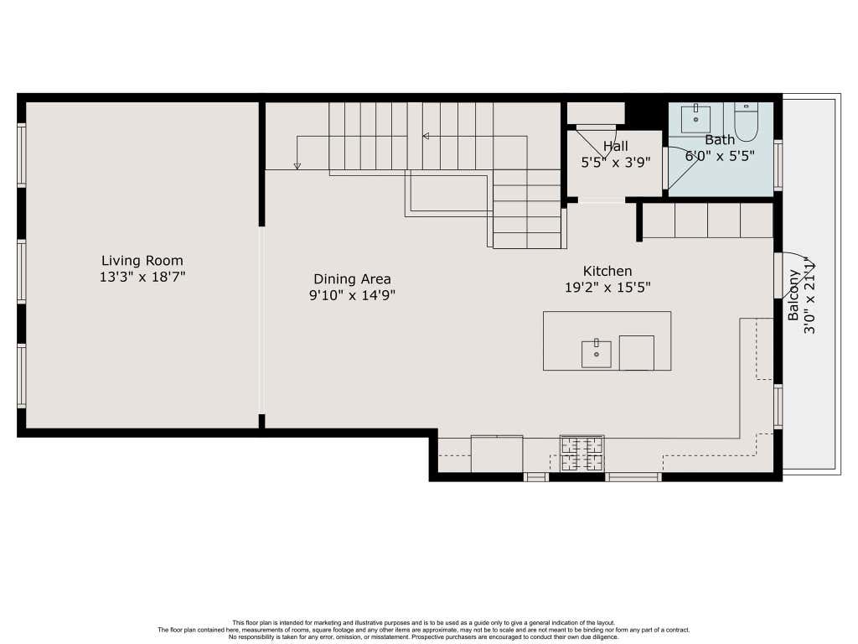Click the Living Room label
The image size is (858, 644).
pyautogui.click(x=142, y=261)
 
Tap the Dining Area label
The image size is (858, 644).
pyautogui.click(x=352, y=279)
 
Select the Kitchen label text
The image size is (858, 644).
pyautogui.click(x=607, y=271)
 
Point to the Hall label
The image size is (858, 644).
pyautogui.click(x=616, y=146)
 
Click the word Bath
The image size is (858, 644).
pyautogui.click(x=720, y=140)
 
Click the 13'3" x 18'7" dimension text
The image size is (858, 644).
pyautogui.click(x=142, y=277)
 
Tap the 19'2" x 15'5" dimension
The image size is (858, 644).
pyautogui.click(x=607, y=287)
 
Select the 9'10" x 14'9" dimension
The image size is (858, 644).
pyautogui.click(x=352, y=295)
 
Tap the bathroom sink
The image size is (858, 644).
pyautogui.click(x=695, y=119)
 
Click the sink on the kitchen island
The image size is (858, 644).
pyautogui.click(x=596, y=354)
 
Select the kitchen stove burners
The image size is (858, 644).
pyautogui.click(x=582, y=453)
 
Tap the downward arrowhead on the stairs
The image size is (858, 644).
pyautogui.click(x=297, y=165)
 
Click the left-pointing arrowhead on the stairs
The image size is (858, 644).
pyautogui.click(x=426, y=136)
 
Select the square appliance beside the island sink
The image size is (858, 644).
pyautogui.click(x=637, y=353)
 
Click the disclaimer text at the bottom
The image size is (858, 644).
pyautogui.click(x=424, y=630)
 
